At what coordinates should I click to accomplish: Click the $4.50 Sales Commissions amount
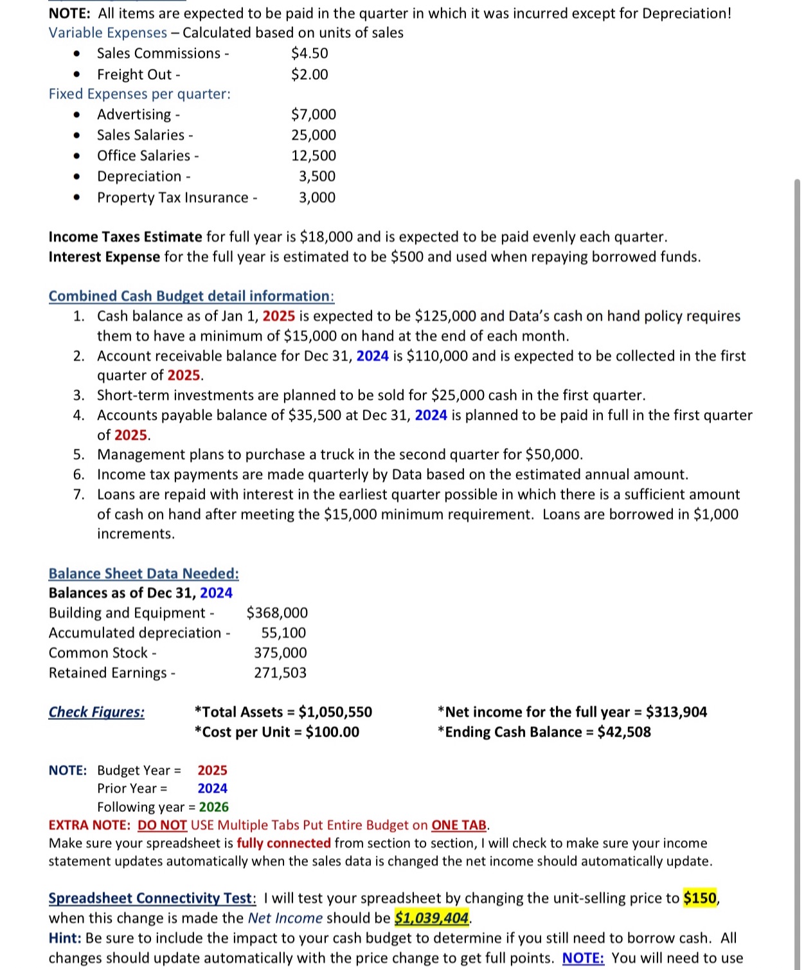[309, 53]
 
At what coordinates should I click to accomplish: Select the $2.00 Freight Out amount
[309, 75]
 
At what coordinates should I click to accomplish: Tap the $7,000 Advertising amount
[313, 114]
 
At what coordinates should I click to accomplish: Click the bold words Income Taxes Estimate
[125, 237]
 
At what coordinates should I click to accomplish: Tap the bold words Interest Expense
[104, 256]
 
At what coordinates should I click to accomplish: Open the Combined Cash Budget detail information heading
[191, 296]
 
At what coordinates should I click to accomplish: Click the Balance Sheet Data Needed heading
[143, 573]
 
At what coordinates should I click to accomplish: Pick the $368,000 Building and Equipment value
[277, 613]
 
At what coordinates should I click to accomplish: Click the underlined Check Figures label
[96, 712]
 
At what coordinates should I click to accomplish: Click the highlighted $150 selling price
[700, 898]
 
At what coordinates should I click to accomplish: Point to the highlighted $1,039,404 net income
[431, 918]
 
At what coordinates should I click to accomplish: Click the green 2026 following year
[213, 807]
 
